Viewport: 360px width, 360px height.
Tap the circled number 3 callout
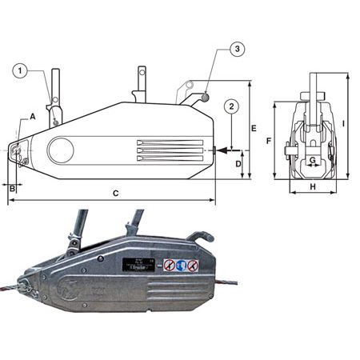coord(238,50)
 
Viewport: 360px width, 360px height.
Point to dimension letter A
coord(33,117)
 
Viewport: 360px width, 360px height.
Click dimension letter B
coord(11,188)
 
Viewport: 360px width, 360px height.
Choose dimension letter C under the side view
coord(115,193)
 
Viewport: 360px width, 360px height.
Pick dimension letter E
coord(252,128)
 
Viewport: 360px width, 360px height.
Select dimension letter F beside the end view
coord(269,141)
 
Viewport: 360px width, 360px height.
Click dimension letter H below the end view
coord(312,186)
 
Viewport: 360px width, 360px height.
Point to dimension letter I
coord(342,124)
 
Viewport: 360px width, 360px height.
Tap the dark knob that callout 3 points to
coord(206,98)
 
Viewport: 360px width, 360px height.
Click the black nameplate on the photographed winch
coord(138,265)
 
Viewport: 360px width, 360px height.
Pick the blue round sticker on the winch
coord(181,265)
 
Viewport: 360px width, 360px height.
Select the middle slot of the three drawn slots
coord(170,150)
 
